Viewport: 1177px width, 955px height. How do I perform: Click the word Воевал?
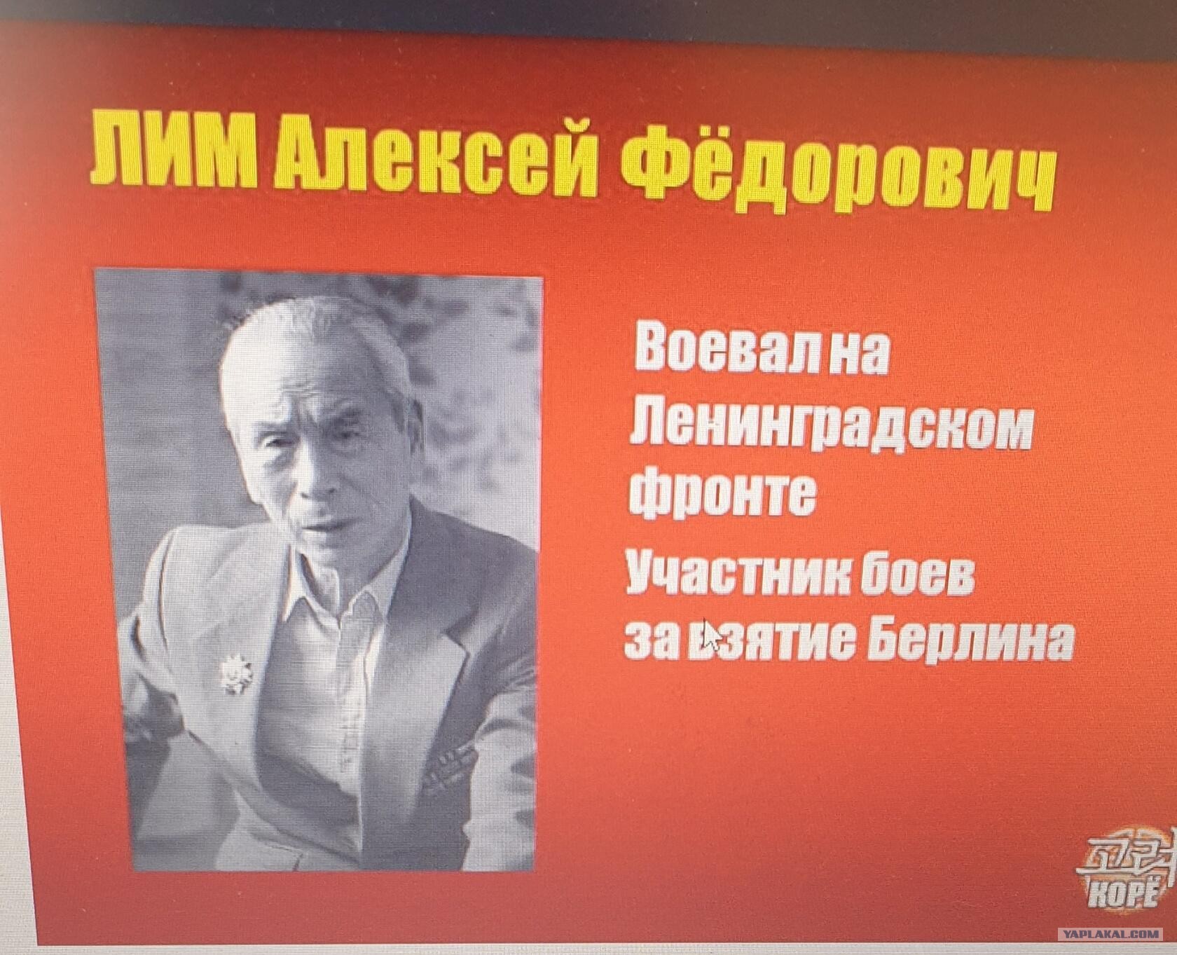pos(724,350)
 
